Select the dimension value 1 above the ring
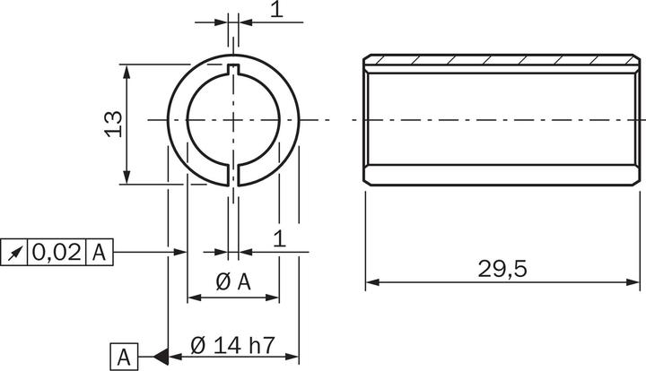click(x=276, y=10)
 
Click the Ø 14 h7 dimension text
click(x=233, y=343)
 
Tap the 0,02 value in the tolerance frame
click(x=57, y=253)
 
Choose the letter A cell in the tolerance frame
click(x=100, y=253)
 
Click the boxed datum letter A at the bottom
click(x=124, y=357)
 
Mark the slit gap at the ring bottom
click(x=233, y=174)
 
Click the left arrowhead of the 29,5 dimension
click(x=371, y=283)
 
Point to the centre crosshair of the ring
click(x=233, y=119)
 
